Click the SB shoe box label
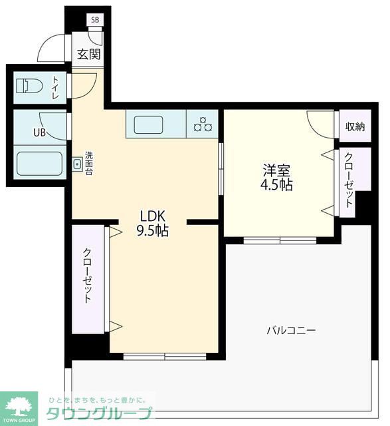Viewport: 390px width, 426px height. pos(95,20)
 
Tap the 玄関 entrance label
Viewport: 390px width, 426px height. pos(88,55)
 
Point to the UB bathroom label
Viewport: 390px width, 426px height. pos(40,131)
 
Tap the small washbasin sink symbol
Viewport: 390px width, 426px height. pos(77,163)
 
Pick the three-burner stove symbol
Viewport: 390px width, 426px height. pos(203,124)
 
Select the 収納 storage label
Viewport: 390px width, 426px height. pos(354,127)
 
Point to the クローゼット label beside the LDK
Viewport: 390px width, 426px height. pos(88,276)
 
